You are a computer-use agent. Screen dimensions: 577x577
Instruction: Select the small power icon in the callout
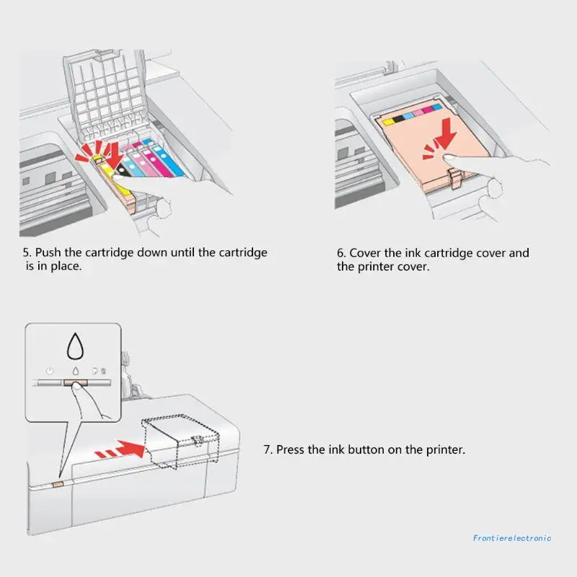(x=49, y=371)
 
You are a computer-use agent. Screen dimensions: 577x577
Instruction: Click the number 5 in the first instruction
(x=25, y=253)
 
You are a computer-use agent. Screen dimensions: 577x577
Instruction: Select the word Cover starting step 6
(x=365, y=253)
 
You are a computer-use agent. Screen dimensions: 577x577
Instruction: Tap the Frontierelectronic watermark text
(x=512, y=537)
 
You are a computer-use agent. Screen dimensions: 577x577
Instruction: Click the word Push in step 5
(x=48, y=253)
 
